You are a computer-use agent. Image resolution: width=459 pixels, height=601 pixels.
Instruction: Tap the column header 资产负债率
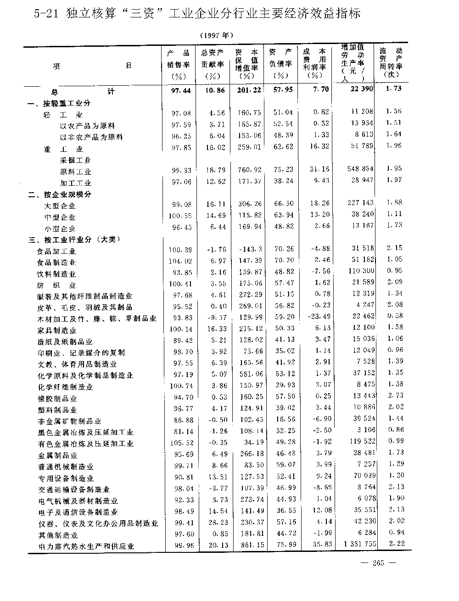[280, 64]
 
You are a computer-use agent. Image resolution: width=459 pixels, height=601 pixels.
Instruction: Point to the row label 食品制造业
[56, 262]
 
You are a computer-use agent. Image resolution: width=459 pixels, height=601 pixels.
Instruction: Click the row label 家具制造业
[56, 330]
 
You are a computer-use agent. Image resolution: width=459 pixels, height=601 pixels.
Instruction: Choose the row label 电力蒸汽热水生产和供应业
[86, 546]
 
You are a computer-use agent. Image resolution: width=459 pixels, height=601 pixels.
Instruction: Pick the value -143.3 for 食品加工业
[251, 249]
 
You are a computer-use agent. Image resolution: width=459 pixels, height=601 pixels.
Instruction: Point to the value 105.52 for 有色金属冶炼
[181, 443]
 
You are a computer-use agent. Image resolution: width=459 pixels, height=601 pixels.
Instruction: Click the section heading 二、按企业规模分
[60, 194]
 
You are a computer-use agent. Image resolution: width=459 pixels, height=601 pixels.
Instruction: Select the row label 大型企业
[60, 206]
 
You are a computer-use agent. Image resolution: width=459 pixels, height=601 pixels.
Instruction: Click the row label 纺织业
[56, 285]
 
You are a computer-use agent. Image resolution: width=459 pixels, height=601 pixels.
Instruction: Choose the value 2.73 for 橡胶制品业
[394, 395]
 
